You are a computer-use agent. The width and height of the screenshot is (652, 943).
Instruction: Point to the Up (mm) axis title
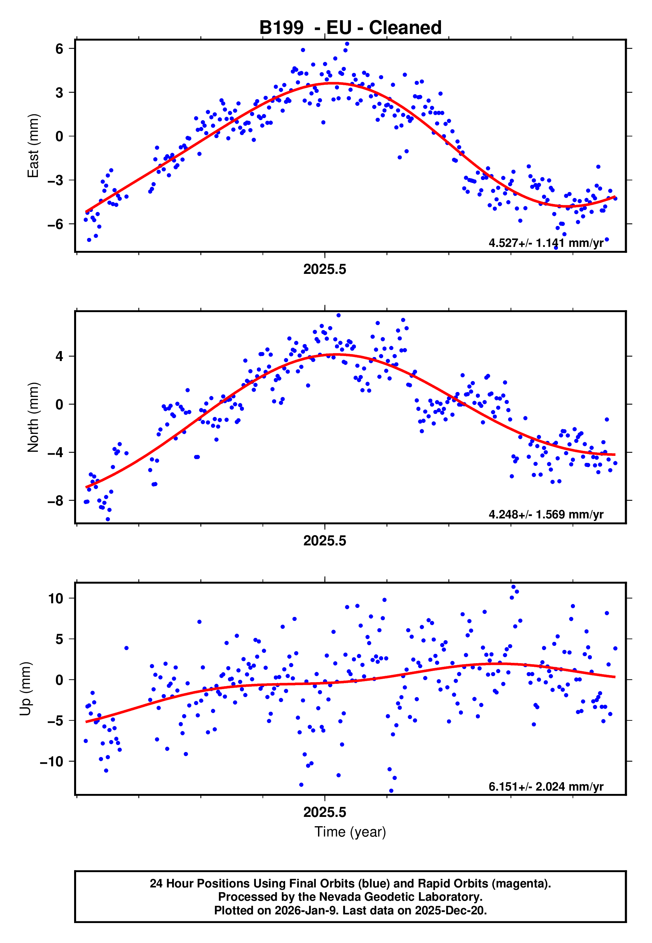(25, 689)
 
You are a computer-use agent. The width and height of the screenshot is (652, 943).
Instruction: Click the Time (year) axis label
(350, 832)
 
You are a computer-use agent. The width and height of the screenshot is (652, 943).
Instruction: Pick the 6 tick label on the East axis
(59, 49)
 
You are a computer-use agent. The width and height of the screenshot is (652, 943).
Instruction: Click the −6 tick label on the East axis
(55, 224)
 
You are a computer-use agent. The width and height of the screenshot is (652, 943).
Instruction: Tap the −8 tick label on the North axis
(55, 500)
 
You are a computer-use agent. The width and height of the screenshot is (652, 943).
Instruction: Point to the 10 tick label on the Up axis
(55, 599)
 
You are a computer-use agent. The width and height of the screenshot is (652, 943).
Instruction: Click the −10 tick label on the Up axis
(52, 761)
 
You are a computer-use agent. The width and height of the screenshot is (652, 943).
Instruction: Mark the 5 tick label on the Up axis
(59, 639)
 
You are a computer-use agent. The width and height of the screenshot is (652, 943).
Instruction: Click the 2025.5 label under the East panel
(324, 270)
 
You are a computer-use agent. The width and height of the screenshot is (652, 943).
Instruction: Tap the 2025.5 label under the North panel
(324, 541)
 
